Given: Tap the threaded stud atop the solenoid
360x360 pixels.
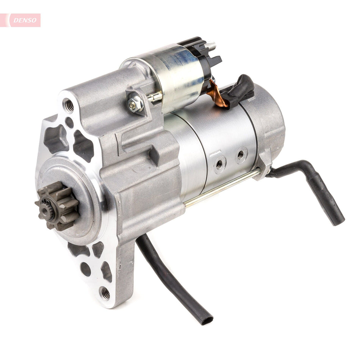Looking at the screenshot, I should pos(211,46).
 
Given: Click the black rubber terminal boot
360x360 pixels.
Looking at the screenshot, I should pos(239,90).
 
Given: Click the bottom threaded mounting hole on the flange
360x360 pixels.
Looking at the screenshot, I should pos(105,293).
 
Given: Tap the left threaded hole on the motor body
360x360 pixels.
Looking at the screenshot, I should pos(219,164).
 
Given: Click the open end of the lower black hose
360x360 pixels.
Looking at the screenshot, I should pos(206,320).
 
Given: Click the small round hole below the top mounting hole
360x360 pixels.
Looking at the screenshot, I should pos(69,122).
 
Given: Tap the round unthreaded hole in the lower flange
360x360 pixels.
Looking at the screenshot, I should pos(86,269).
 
